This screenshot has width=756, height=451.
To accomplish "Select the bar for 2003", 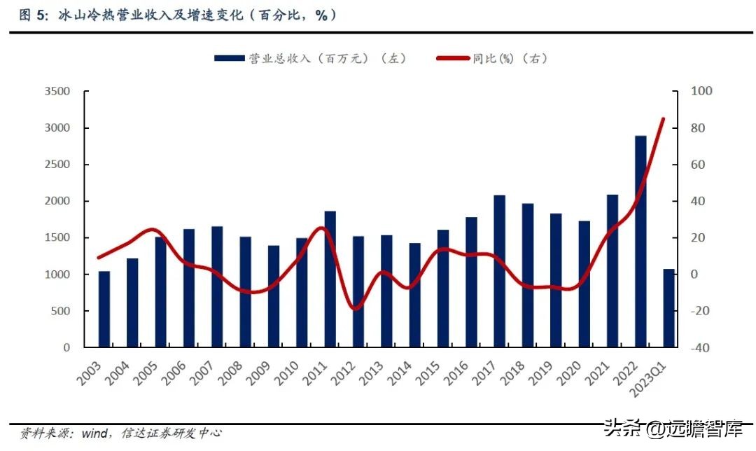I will click(x=104, y=309).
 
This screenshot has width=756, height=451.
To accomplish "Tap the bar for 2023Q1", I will click(x=668, y=308).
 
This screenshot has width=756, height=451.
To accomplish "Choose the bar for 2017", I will click(x=499, y=271).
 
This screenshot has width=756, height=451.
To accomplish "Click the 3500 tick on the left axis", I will click(x=57, y=92).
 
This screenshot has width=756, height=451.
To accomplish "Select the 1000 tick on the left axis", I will click(x=57, y=275).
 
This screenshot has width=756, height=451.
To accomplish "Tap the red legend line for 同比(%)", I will click(x=452, y=59).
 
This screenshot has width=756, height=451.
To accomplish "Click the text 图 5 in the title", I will click(x=26, y=15).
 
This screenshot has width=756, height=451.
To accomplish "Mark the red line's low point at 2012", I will click(x=356, y=308).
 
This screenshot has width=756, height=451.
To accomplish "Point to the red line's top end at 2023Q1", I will click(x=662, y=119).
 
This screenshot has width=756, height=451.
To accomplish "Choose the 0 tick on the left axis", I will click(x=66, y=347).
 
